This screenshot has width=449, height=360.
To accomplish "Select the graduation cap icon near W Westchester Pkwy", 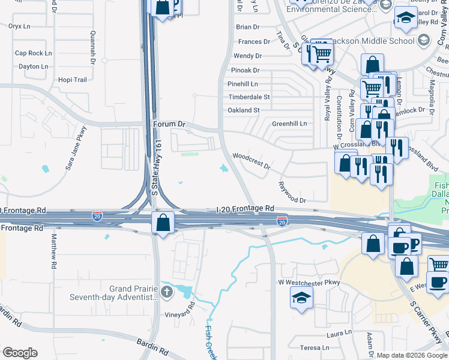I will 301,297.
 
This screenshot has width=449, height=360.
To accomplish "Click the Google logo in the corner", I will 20,353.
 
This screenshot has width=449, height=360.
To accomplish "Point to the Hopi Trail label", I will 73,80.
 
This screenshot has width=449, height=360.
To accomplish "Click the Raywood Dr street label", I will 292,192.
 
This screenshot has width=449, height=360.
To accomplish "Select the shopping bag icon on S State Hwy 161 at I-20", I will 163,222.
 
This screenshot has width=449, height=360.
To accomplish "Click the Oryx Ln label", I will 19,26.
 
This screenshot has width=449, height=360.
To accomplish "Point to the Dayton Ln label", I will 33,67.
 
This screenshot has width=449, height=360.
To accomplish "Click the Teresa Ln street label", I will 315,348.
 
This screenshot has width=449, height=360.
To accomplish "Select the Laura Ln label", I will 339,332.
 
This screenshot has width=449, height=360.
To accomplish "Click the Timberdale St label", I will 249,97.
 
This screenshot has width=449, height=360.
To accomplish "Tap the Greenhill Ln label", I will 289,124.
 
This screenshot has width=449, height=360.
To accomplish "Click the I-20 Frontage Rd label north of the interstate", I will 245,209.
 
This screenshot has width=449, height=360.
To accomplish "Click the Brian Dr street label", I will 248,27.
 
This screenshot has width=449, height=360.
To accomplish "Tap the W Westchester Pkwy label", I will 309,282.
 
